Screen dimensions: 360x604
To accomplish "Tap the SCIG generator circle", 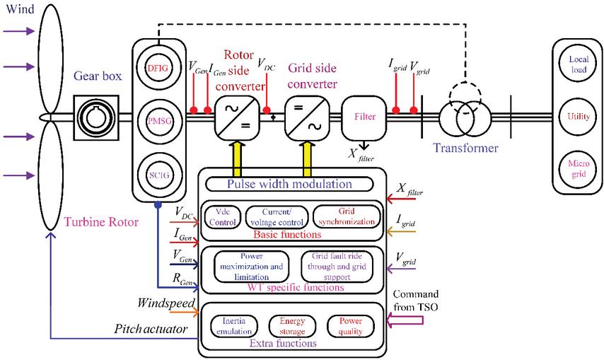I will coord(157,173).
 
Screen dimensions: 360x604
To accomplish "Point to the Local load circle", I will coord(574,66).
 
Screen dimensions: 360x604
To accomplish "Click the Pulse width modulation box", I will coord(289,184).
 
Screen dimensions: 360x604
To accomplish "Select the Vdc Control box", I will coord(222,216).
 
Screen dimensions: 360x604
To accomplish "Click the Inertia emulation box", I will coord(234,326).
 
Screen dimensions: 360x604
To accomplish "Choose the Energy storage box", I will coord(292,326).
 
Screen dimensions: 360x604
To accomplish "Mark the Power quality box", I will coord(349,326).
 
